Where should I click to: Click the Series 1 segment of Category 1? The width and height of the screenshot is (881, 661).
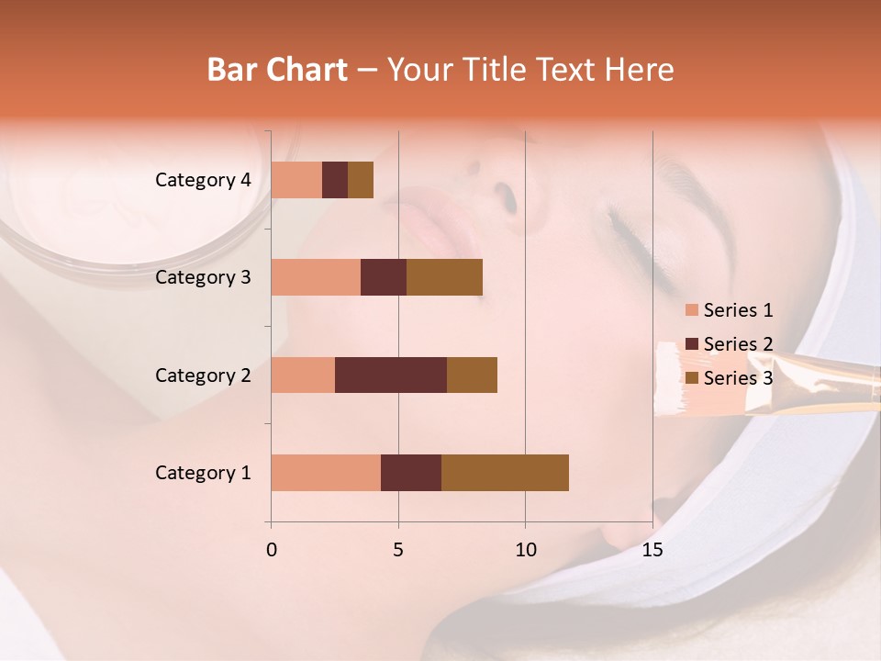(x=326, y=473)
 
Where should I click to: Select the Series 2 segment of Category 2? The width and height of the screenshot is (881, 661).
(x=391, y=375)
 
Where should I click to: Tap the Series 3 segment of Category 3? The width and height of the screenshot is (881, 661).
(x=444, y=277)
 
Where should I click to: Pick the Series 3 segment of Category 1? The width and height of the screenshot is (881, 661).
(x=505, y=473)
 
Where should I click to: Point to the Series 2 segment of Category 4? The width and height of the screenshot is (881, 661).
(x=335, y=180)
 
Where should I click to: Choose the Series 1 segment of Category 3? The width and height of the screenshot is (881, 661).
(x=316, y=277)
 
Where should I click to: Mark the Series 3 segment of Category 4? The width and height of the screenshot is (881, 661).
(x=361, y=180)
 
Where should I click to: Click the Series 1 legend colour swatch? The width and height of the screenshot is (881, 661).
(x=692, y=310)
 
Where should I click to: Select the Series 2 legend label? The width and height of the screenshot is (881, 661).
(x=738, y=344)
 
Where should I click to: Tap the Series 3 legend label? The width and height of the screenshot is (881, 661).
(x=738, y=378)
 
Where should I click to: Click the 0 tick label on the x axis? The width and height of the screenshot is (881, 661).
(x=272, y=550)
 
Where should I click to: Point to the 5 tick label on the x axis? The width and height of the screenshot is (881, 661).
(x=398, y=550)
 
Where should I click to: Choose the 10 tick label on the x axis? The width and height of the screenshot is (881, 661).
(x=525, y=550)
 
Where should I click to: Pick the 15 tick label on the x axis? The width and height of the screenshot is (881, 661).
(x=652, y=550)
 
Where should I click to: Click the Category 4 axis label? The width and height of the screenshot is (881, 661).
(x=203, y=180)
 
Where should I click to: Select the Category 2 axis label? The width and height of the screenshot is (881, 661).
(x=203, y=375)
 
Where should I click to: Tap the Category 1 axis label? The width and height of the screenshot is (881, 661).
(x=203, y=473)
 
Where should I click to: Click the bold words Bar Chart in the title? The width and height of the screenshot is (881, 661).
(x=277, y=70)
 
